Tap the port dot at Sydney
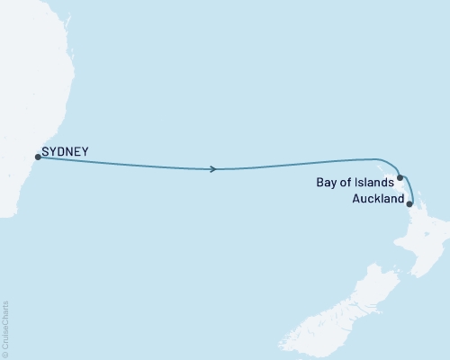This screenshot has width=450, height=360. tap(37, 157)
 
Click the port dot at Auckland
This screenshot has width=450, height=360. tap(410, 204)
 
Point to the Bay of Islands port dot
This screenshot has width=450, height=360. tap(400, 178)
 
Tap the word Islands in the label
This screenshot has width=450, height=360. tap(375, 182)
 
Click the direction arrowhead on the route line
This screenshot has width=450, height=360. tap(212, 168)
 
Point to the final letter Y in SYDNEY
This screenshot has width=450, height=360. tap(85, 152)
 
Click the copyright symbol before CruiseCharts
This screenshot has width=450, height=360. tap(5, 353)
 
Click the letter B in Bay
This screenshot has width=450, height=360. tap(320, 182)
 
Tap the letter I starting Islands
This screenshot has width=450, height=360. tap(359, 182)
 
